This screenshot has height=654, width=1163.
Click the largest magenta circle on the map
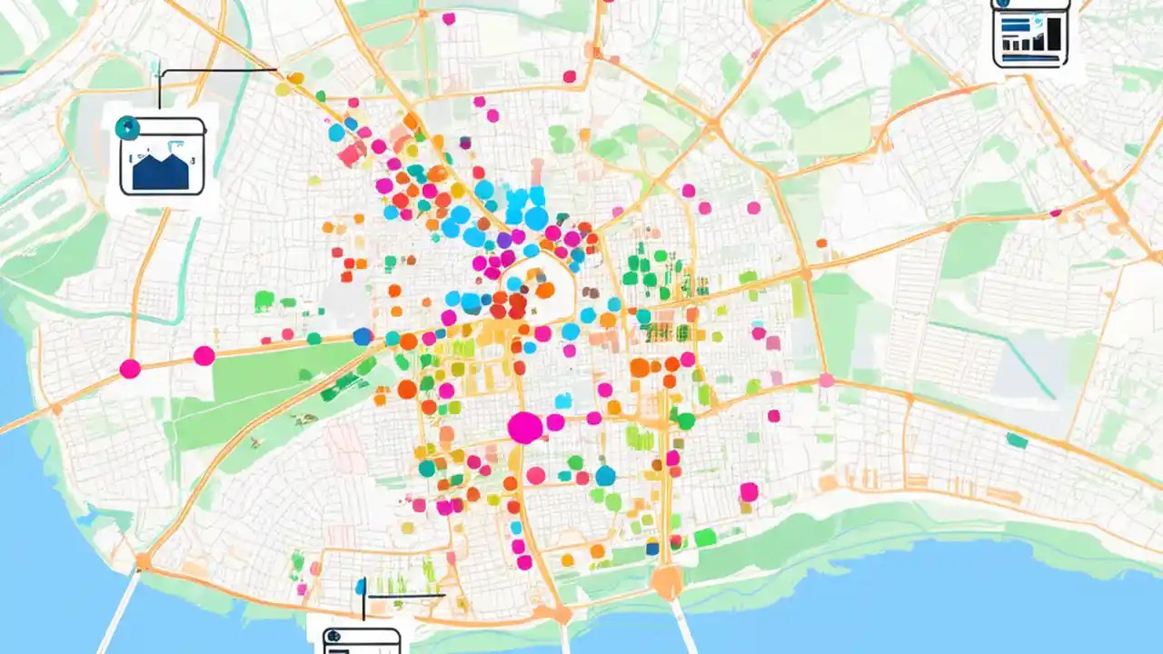(524, 427)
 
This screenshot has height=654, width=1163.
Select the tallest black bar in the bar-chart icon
(1053, 35)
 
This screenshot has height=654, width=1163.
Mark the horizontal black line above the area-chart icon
(218, 69)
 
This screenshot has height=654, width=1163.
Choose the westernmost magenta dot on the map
(130, 369)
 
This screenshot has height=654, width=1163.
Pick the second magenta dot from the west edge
(204, 356)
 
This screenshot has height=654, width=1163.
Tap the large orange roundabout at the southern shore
(666, 581)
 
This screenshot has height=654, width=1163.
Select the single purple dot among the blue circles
(504, 240)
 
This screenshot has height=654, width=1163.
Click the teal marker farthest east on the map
(1017, 441)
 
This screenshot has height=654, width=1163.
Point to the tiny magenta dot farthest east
(1056, 213)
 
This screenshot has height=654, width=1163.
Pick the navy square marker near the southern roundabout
(651, 548)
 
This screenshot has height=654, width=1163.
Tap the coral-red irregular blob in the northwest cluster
(351, 155)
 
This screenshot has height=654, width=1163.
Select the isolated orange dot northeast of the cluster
(821, 243)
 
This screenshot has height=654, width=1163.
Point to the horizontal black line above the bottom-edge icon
(404, 596)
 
